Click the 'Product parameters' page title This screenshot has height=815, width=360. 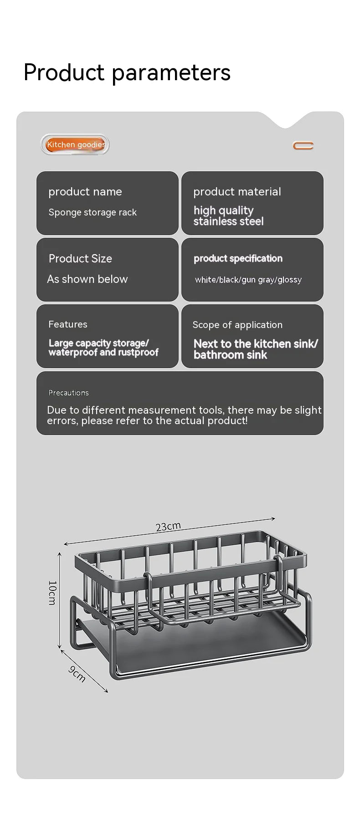pyautogui.click(x=127, y=72)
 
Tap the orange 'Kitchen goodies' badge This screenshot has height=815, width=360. pyautogui.click(x=76, y=144)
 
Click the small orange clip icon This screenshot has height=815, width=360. pyautogui.click(x=303, y=146)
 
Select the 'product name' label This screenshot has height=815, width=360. pyautogui.click(x=85, y=192)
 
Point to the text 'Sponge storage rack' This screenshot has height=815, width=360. pyautogui.click(x=93, y=212)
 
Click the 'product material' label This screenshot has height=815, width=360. pyautogui.click(x=237, y=192)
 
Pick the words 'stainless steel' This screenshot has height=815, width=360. pyautogui.click(x=228, y=222)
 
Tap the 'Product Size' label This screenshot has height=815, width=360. pyautogui.click(x=80, y=259)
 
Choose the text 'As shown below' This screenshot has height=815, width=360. pyautogui.click(x=87, y=279)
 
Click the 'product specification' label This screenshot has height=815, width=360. pyautogui.click(x=238, y=258)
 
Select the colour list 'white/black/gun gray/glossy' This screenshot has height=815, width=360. pyautogui.click(x=248, y=280)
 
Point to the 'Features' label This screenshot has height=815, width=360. pyautogui.click(x=68, y=324)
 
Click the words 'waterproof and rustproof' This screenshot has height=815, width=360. pyautogui.click(x=103, y=353)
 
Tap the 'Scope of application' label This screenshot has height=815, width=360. pyautogui.click(x=237, y=325)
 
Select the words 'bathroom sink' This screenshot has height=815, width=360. pyautogui.click(x=230, y=355)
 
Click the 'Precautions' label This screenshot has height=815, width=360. pyautogui.click(x=69, y=393)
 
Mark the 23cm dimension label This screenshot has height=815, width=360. pyautogui.click(x=168, y=527)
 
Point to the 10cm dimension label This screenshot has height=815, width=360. pyautogui.click(x=52, y=592)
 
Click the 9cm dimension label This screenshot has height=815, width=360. pyautogui.click(x=77, y=674)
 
